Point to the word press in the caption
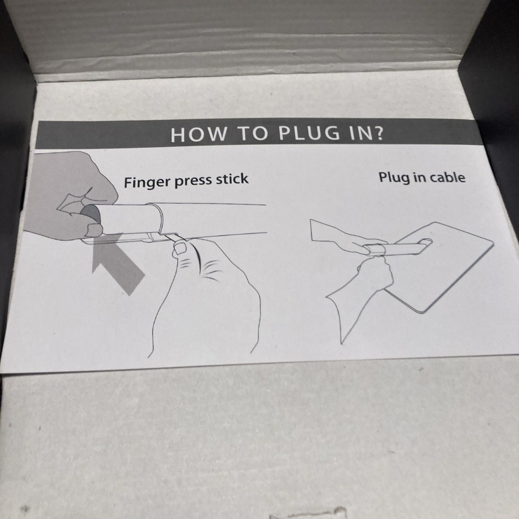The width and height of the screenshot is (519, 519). (193, 181)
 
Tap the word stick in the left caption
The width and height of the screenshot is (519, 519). (232, 179)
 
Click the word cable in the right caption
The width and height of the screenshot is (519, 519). (448, 177)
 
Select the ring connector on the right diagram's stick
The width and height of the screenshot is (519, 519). (375, 250)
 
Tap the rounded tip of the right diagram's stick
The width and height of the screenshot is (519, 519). (428, 242)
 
